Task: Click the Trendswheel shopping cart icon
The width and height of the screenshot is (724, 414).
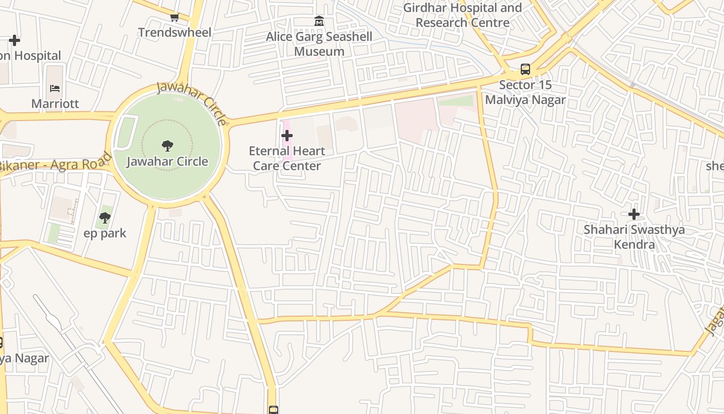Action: pos(174,18)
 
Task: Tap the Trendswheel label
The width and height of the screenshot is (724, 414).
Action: pos(174,33)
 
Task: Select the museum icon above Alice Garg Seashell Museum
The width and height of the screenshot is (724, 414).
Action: pos(319,22)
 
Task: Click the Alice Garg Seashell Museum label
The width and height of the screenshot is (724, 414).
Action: pos(319,44)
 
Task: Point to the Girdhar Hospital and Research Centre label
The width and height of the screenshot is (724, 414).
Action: pos(462,15)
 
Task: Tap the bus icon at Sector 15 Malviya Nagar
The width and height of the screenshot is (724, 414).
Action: pos(525,69)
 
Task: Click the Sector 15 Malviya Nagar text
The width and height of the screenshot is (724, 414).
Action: pos(525,92)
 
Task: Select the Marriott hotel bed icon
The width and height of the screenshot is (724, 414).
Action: pos(55,88)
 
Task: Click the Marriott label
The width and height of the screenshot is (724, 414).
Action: pos(55,103)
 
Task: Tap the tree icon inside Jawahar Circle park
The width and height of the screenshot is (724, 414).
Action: pos(167,146)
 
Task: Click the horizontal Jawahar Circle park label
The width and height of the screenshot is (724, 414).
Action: pos(167,161)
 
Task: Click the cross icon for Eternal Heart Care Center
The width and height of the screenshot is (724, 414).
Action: pos(287,136)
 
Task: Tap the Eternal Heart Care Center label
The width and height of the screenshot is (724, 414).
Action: pos(287,158)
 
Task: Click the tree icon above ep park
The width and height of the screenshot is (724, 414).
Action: pos(105,218)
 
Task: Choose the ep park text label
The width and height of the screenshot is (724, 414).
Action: pos(105,233)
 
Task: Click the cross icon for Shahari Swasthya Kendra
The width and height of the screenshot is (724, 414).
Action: pos(633,214)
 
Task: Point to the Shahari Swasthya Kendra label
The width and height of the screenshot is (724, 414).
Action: pos(634,237)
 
